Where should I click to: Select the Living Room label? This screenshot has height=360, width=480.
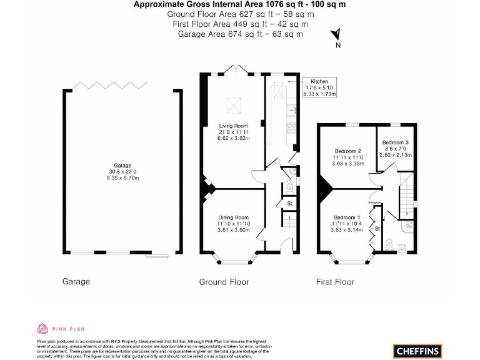pyautogui.click(x=233, y=126)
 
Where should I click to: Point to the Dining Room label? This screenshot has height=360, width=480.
pyautogui.click(x=233, y=217)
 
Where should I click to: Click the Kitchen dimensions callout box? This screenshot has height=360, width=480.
pyautogui.click(x=319, y=87)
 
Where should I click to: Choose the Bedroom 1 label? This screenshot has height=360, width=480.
pyautogui.click(x=348, y=217)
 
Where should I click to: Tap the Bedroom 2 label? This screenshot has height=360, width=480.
pyautogui.click(x=348, y=151)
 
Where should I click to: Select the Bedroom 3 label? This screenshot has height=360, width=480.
pyautogui.click(x=396, y=142)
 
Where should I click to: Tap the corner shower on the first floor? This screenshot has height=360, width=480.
pyautogui.click(x=407, y=225)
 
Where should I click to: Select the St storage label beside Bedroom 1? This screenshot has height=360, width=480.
pyautogui.click(x=377, y=229)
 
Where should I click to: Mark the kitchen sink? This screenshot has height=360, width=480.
pyautogui.click(x=291, y=111)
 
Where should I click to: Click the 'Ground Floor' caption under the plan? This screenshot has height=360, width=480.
pyautogui.click(x=224, y=282)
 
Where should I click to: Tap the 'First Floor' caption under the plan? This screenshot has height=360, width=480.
pyautogui.click(x=335, y=282)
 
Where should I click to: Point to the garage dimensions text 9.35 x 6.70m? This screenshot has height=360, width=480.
pyautogui.click(x=122, y=178)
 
